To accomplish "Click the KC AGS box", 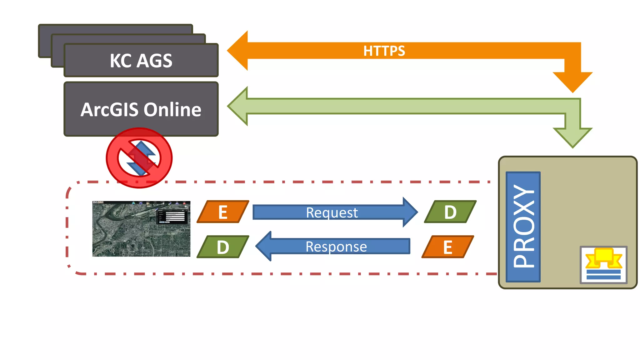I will coord(141,60).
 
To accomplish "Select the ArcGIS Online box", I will coord(141,109).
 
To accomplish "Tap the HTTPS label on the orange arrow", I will coord(384,51).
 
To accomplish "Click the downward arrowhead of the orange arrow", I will coord(572,82).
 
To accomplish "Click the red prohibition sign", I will coord(139,158).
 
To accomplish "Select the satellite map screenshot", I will coord(141,229).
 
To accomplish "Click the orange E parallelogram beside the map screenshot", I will coord(223,212).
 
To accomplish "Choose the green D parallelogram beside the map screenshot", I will coord(223,247).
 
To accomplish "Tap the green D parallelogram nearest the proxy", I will coord(450,212).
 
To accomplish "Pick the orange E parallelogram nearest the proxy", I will coord(448,247).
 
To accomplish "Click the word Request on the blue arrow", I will coord(332,212).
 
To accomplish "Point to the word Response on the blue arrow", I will coord(336,247).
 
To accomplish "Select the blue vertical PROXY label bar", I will coord(523,227).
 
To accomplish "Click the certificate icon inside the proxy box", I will coord(603,265).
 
